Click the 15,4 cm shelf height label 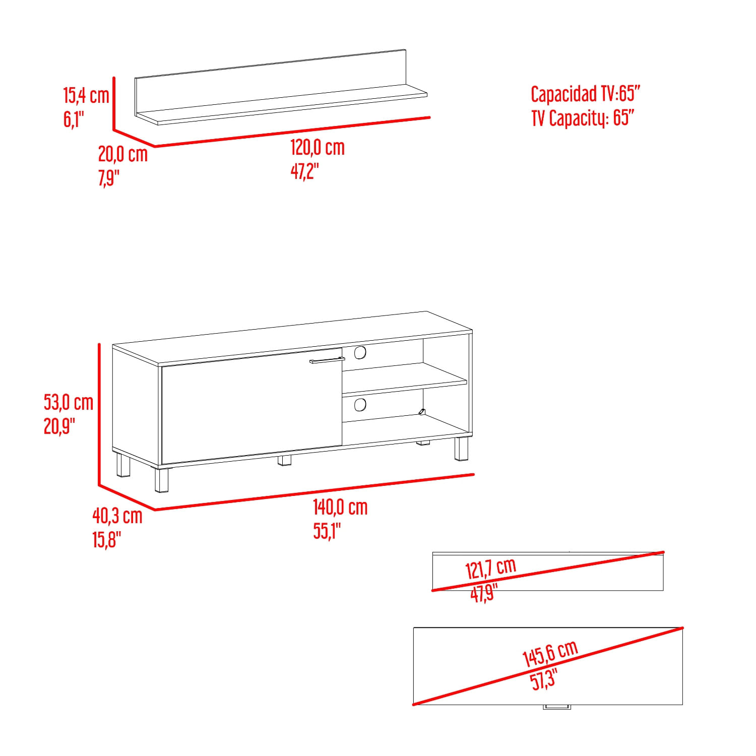86,95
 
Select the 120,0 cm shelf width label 318,147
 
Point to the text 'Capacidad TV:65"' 585,94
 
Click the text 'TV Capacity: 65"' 583,118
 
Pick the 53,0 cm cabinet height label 69,402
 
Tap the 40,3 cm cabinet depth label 117,516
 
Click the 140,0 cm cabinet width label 340,507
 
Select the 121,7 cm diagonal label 491,569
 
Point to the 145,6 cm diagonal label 550,654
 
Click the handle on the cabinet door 327,360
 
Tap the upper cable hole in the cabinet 360,352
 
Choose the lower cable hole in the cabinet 360,404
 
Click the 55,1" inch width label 327,531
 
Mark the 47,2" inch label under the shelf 305,171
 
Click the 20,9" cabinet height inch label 59,426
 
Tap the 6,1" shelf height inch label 74,119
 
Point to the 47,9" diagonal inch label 484,593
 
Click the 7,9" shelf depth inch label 109,178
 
